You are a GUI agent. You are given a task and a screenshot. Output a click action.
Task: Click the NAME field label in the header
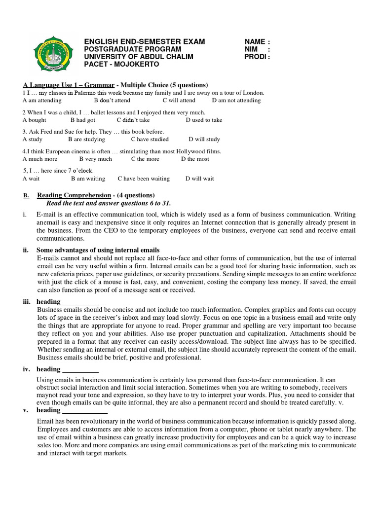(x=257, y=42)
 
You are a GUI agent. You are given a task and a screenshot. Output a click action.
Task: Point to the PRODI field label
(x=257, y=57)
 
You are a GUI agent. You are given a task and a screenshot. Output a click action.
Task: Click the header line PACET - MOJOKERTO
(x=121, y=64)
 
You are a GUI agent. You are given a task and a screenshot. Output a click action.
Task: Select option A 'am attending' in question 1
(x=42, y=101)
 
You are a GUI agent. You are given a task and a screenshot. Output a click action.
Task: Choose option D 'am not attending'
(x=236, y=101)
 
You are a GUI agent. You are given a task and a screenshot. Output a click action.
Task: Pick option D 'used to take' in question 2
(x=204, y=120)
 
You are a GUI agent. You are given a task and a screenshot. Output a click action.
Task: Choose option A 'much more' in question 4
(x=40, y=159)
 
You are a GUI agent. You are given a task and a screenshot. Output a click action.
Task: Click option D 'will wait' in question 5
(x=200, y=179)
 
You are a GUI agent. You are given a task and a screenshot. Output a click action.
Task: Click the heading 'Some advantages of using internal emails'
(x=98, y=250)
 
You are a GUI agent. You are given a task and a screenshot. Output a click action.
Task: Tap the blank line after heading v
(x=85, y=410)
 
